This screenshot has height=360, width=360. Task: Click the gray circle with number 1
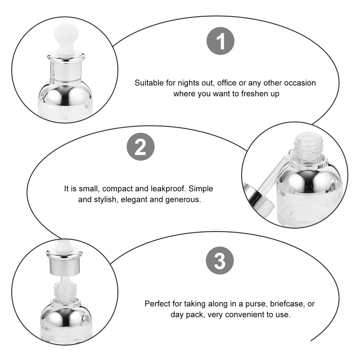[x=220, y=41]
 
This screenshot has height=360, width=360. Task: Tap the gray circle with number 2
[x=140, y=147]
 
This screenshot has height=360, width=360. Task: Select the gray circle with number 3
[x=220, y=261]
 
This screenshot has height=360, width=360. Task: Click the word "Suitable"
[x=149, y=83]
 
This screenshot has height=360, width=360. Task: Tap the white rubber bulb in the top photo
[x=64, y=40]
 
